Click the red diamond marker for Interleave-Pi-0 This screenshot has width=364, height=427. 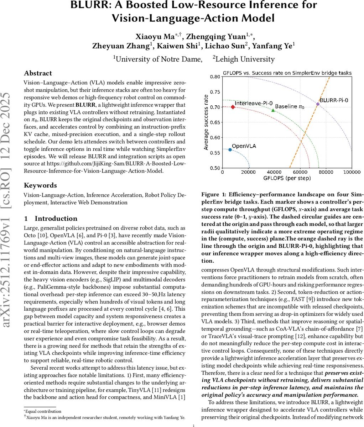[233, 107]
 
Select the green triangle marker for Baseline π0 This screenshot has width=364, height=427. [273, 110]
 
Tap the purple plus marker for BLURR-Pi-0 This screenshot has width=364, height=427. [318, 104]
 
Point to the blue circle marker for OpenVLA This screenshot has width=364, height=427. [230, 150]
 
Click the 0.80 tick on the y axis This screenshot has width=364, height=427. [215, 77]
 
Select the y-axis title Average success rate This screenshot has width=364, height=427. [206, 122]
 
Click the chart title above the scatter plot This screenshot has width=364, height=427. [287, 73]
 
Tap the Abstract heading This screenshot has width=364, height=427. [38, 73]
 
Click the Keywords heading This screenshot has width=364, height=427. [40, 185]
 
